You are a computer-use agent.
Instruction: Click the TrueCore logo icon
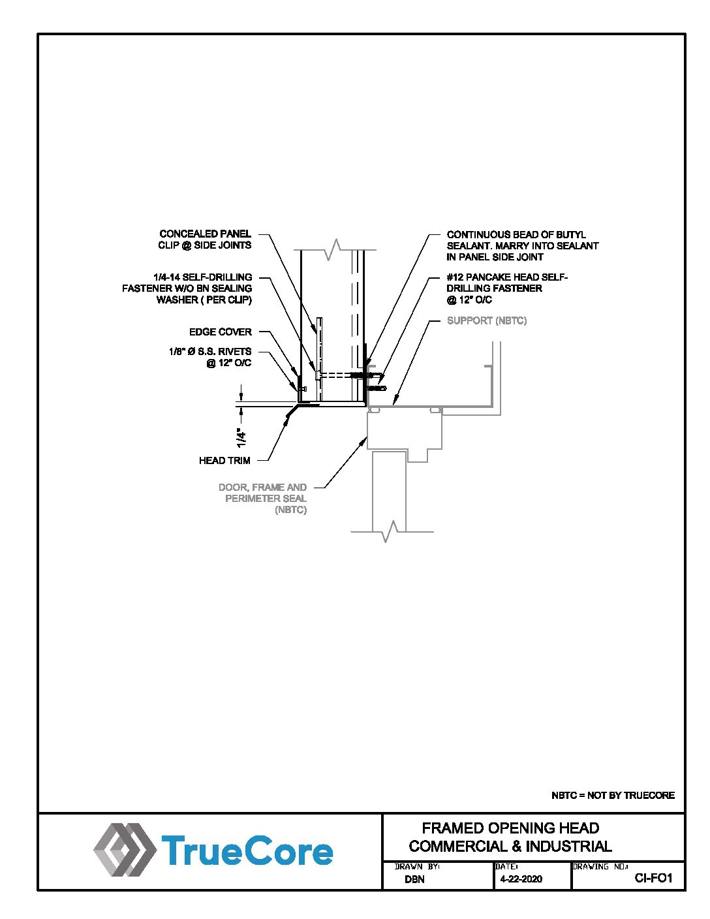125,849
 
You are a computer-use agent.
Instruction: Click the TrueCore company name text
247,850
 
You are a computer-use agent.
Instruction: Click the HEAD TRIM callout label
224,461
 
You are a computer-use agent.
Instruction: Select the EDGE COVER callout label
221,332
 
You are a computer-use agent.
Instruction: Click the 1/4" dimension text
241,438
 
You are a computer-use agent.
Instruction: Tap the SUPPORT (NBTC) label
487,320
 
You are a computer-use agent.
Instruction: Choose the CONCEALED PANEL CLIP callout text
205,240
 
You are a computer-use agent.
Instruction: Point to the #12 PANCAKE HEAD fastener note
507,288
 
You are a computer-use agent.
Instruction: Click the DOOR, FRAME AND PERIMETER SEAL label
262,499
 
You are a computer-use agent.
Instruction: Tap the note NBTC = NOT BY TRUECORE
613,796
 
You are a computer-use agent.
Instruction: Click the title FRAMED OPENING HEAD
511,828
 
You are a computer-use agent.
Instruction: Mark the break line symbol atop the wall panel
335,249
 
